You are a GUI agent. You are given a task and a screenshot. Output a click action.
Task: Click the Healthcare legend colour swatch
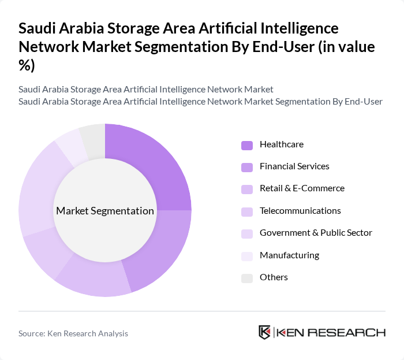(247, 145)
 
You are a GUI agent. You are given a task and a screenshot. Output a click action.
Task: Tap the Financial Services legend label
(294, 166)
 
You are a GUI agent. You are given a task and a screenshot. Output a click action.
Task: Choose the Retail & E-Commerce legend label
(302, 188)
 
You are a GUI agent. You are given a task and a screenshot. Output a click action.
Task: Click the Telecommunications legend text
(300, 211)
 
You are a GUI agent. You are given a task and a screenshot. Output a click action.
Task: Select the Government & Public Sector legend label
(316, 233)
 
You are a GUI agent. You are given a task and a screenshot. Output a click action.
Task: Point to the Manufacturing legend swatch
(247, 256)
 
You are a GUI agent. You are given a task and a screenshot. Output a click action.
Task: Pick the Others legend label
(274, 277)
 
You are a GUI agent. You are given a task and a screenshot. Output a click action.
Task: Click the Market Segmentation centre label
(105, 211)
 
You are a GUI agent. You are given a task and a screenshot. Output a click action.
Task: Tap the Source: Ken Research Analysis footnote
(73, 333)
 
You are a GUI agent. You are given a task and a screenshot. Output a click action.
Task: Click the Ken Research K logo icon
(265, 332)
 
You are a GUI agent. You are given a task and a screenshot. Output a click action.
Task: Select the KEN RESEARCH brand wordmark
(331, 332)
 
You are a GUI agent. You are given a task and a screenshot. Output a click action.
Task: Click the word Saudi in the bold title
(39, 28)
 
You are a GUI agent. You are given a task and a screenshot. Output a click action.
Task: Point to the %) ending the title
(27, 65)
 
